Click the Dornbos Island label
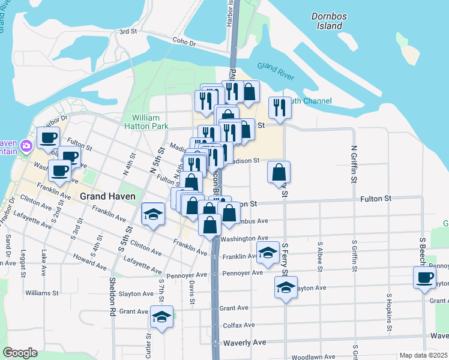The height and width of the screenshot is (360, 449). pyautogui.click(x=327, y=22)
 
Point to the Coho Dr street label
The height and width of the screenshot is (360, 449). pyautogui.click(x=184, y=43)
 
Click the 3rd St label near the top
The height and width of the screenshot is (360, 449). pyautogui.click(x=128, y=32)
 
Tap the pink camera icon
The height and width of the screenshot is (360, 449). pyautogui.click(x=26, y=146)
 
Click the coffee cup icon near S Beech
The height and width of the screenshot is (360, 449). pyautogui.click(x=425, y=278)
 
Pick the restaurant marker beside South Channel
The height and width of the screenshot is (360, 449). pyautogui.click(x=279, y=107)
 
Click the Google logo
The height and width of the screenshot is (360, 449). pyautogui.click(x=20, y=353)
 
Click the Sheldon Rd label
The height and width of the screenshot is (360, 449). pyautogui.click(x=112, y=296)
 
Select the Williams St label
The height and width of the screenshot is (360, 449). pyautogui.click(x=42, y=293)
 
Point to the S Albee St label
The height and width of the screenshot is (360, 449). pyautogui.click(x=321, y=256)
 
